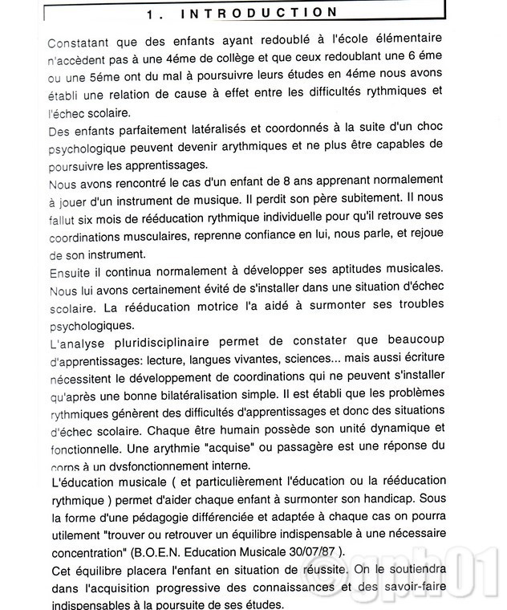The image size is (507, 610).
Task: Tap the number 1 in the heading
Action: (x=152, y=13)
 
